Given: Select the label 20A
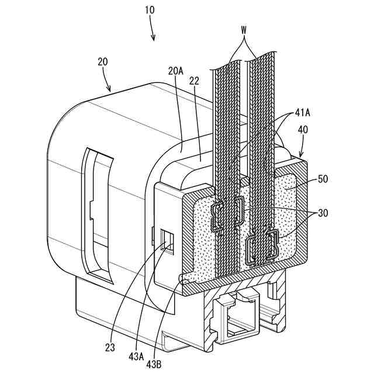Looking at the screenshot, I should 175,71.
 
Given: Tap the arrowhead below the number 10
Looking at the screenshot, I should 154,39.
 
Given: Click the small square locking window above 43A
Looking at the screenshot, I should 167,241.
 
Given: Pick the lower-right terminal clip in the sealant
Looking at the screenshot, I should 272,245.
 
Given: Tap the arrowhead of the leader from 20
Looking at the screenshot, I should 111,89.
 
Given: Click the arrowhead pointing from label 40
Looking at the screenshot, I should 299,157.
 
